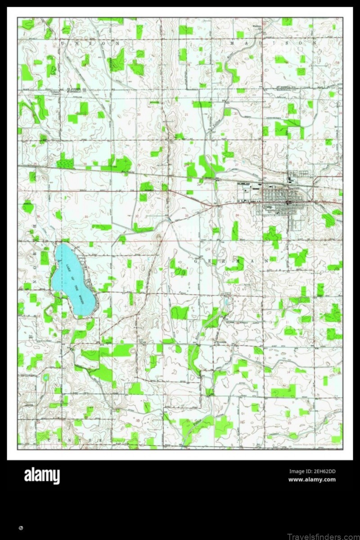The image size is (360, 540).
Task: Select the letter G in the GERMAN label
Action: (x=197, y=261)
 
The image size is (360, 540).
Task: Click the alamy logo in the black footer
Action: (x=42, y=475)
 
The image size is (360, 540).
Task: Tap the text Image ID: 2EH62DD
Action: (x=312, y=472)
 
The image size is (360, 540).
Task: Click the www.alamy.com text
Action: (x=312, y=480)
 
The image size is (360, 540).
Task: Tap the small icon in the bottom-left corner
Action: (x=21, y=527)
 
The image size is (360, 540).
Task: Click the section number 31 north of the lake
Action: (x=85, y=216)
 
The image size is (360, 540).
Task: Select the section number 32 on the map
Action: (x=136, y=216)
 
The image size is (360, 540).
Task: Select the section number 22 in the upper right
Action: (x=235, y=114)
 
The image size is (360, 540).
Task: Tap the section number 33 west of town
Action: (x=187, y=216)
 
